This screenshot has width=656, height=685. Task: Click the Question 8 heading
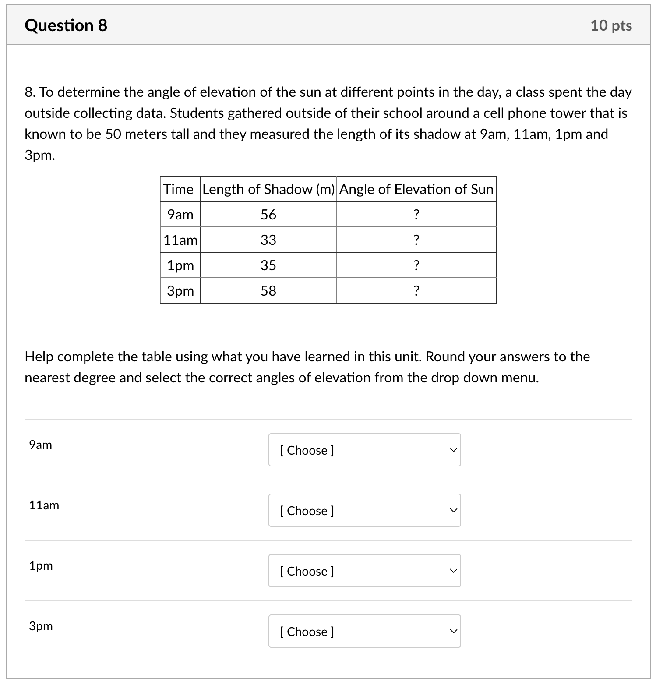(x=66, y=25)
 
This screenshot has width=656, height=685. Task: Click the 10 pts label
(x=611, y=25)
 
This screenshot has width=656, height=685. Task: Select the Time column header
(x=178, y=189)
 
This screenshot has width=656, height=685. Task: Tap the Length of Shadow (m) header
(x=268, y=189)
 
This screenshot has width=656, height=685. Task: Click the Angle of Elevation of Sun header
(x=416, y=189)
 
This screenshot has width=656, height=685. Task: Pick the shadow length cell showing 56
(x=268, y=215)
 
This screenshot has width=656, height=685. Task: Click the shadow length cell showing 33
(x=268, y=240)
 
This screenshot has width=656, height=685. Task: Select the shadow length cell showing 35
(x=268, y=265)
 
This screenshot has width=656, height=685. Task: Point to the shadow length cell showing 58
(x=268, y=291)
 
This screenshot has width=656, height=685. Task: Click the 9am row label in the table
(x=180, y=215)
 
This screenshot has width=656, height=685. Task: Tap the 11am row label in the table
(x=180, y=240)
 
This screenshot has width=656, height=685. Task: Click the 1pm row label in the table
(x=180, y=265)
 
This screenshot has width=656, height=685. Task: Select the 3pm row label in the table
(x=180, y=291)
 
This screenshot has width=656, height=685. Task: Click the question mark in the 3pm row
(x=416, y=291)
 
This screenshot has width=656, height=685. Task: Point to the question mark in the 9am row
(x=416, y=215)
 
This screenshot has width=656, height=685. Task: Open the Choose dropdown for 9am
(x=364, y=450)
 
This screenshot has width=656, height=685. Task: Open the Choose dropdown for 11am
(x=364, y=511)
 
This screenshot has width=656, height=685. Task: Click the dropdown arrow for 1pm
(x=453, y=571)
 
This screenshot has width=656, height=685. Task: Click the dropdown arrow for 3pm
(x=453, y=632)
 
